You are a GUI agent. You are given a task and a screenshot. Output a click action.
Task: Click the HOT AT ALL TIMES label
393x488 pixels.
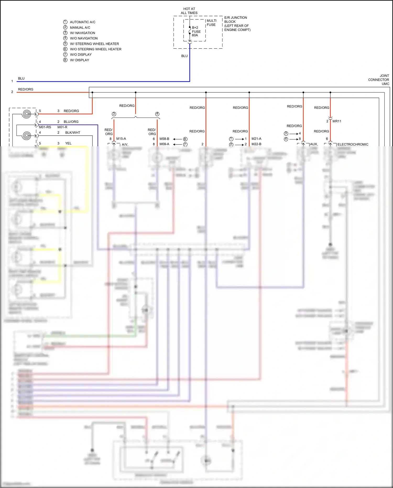189,11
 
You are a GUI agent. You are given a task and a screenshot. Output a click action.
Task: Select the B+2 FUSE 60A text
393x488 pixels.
196,31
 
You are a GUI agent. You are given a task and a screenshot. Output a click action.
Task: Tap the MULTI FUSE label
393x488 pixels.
211,23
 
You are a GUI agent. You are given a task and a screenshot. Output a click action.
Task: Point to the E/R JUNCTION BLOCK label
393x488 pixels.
237,24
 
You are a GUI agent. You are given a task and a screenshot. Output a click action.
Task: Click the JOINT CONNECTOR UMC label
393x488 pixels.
379,80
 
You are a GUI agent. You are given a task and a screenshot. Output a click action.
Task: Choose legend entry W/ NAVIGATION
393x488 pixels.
83,33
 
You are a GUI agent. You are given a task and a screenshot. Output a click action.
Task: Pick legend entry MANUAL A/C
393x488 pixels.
80,28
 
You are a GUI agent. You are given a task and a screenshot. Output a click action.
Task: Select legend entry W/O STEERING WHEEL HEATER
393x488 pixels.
96,49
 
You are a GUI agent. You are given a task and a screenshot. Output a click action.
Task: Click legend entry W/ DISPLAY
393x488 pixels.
79,60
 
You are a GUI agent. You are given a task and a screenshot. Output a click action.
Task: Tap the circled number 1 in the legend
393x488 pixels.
65,22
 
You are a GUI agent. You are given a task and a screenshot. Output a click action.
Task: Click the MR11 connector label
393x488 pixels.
337,121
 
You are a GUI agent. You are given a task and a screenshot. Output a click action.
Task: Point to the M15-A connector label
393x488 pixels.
121,139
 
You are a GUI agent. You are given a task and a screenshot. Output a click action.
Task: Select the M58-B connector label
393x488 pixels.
164,139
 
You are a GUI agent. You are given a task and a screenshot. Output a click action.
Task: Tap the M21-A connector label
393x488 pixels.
256,139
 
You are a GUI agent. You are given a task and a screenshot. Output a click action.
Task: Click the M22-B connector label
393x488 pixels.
256,144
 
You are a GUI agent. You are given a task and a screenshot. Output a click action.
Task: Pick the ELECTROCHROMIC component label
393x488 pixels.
353,144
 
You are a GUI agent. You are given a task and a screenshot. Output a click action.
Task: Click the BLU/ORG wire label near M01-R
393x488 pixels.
71,122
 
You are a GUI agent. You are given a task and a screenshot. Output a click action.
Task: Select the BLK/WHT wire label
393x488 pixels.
73,133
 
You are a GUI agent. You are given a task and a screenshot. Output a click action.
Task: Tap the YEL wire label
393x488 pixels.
68,143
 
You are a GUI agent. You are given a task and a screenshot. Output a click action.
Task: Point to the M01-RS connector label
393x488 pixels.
45,127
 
